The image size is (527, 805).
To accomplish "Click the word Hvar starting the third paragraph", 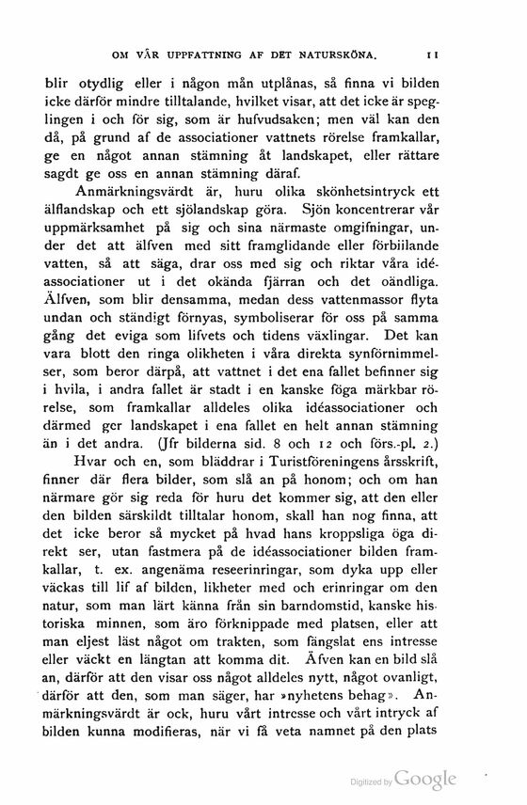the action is click(94, 491).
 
